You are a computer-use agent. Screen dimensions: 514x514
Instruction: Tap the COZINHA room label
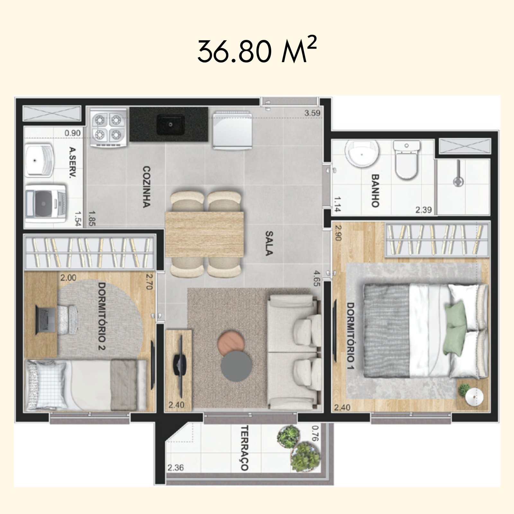point(146,187)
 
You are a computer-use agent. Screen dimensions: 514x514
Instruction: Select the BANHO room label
point(375,191)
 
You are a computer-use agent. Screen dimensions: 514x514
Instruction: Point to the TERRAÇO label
point(245,448)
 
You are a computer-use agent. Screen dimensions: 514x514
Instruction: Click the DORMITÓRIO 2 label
point(102,316)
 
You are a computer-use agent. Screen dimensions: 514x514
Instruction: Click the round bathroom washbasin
point(362,154)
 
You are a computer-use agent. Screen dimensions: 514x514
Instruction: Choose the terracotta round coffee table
point(230,343)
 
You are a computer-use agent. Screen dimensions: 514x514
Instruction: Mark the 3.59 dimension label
point(312,113)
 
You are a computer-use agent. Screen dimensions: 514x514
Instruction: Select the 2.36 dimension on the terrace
point(175,467)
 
